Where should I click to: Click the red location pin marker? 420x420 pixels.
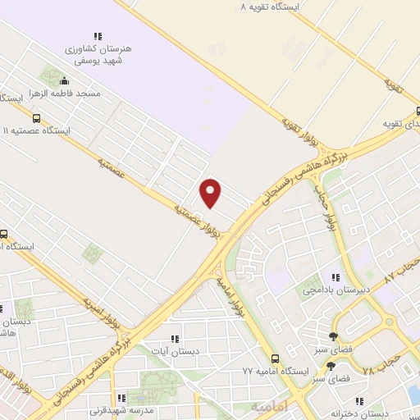(x=212, y=193)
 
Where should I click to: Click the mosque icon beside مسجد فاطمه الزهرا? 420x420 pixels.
(x=65, y=81)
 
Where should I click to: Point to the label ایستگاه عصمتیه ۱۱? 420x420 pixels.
(x=38, y=130)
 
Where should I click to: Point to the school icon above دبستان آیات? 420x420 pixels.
(x=174, y=338)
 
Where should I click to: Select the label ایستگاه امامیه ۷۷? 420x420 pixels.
(x=271, y=372)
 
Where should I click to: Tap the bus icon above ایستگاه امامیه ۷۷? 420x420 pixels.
(x=275, y=358)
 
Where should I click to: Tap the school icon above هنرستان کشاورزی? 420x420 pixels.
(x=98, y=36)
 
